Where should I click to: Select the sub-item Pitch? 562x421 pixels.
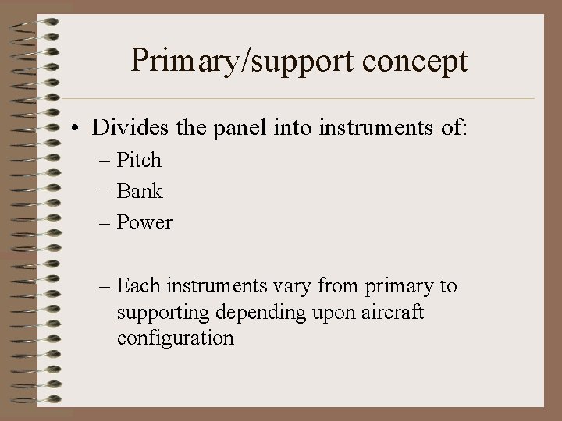point(139,161)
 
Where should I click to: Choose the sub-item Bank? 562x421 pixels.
point(139,191)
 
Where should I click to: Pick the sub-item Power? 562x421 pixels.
point(144,222)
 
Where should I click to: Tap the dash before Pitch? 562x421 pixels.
point(105,161)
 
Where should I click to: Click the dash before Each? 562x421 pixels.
point(105,287)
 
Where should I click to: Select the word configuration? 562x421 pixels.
point(175,338)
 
